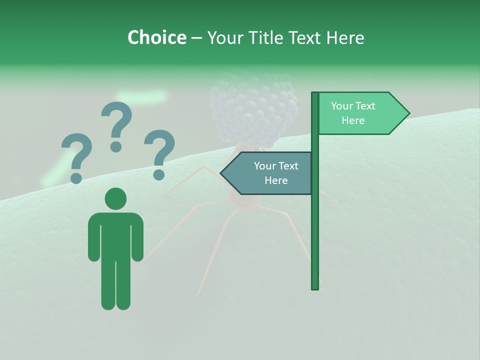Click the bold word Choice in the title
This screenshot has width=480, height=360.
tap(156, 37)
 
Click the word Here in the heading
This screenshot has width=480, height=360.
tap(345, 37)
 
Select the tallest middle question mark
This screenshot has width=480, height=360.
tap(116, 125)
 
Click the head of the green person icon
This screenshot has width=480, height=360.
tap(115, 198)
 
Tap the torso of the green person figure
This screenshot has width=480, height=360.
tap(115, 235)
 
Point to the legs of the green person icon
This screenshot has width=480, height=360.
tap(115, 285)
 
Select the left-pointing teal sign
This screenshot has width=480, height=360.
tap(270, 173)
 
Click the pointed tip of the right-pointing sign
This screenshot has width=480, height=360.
tap(408, 113)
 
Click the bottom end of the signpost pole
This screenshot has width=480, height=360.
tap(315, 288)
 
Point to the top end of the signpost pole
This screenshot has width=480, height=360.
tap(315, 93)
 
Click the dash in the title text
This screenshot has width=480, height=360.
tap(196, 38)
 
